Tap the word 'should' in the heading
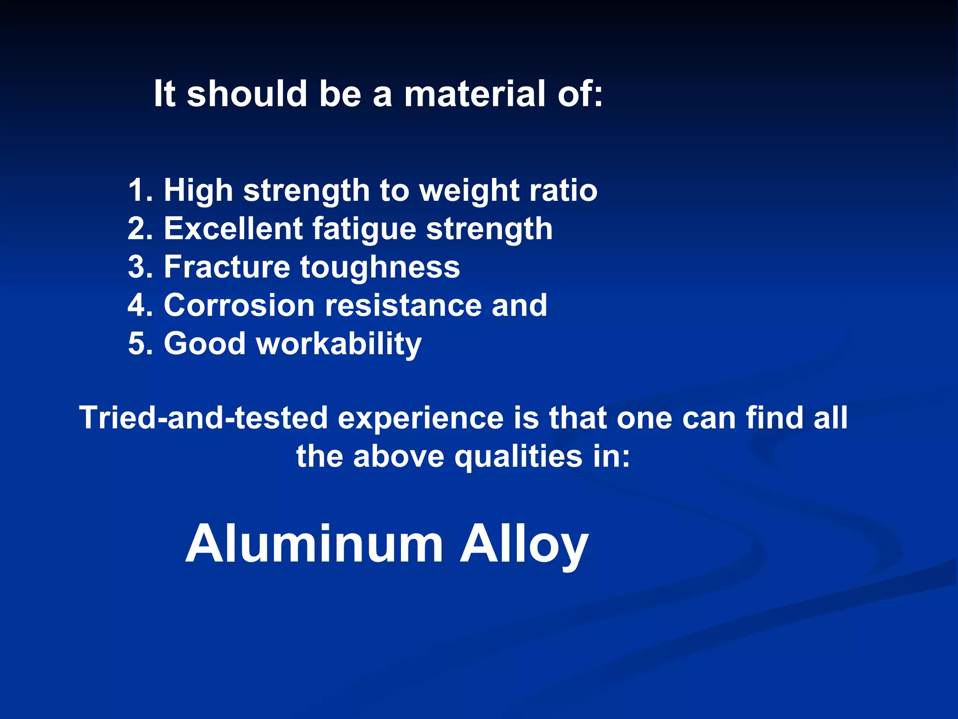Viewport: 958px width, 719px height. point(247,94)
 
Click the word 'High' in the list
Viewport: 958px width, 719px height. point(198,191)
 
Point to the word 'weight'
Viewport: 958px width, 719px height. point(469,191)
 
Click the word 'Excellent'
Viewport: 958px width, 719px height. point(233,229)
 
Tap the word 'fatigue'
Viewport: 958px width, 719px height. point(364,229)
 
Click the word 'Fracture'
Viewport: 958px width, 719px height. point(227,267)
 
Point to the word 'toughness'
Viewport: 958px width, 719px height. point(380,267)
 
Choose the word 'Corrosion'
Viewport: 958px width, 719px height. point(239,306)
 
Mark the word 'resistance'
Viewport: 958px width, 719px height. point(403,306)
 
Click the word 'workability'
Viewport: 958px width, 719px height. point(339,344)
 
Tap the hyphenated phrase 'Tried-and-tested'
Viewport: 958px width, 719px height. point(203,418)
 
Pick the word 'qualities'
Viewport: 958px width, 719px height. point(518,456)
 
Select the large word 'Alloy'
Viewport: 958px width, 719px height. point(524,544)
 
